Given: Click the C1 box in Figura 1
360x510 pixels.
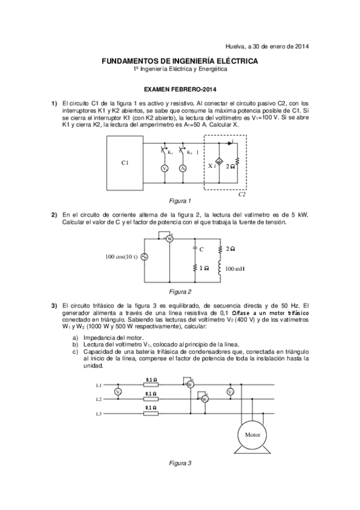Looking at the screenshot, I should click(124, 162).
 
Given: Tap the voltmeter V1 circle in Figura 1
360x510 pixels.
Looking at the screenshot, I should click(164, 169).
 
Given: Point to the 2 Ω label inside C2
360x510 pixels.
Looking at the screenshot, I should click(230, 165).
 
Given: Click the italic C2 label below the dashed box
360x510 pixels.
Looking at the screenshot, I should click(242, 194).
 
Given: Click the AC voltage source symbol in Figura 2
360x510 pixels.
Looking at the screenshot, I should click(144, 257).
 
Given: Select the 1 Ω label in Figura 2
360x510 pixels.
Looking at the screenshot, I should click(205, 268).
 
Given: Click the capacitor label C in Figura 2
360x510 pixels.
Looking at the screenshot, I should click(201, 248).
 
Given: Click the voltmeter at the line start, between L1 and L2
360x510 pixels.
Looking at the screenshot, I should click(118, 392).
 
